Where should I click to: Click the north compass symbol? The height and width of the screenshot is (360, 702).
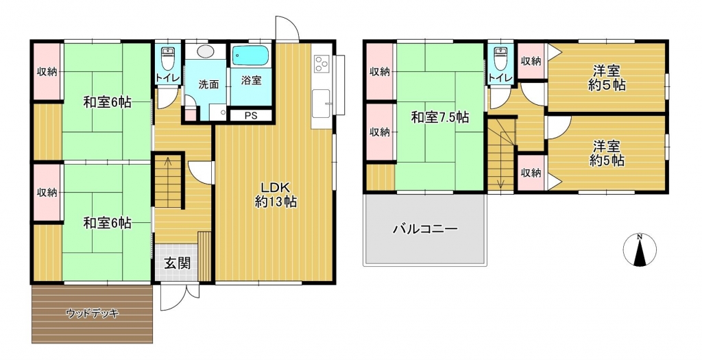tap(640, 250)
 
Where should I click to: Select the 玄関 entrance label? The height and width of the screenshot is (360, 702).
tap(177, 263)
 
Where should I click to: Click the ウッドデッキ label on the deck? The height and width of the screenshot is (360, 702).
tap(93, 313)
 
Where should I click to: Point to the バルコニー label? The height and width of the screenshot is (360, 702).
tap(425, 229)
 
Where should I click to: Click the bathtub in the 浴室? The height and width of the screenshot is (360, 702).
tap(251, 56)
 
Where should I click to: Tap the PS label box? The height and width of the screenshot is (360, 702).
tap(251, 115)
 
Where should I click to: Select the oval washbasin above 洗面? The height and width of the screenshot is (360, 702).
tap(205, 51)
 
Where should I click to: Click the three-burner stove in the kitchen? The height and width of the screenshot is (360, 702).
tap(322, 64)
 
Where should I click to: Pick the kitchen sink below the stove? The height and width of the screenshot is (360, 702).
tap(322, 103)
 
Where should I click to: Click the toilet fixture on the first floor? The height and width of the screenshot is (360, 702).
tap(168, 58)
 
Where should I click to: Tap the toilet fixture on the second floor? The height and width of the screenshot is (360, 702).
tap(500, 58)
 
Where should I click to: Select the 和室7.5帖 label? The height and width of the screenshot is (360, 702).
tap(439, 117)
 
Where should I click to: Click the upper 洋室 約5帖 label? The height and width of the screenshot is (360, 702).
tap(607, 77)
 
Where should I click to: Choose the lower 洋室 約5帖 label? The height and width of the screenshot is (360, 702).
tap(607, 153)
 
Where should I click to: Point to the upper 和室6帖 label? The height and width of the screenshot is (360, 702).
tap(108, 103)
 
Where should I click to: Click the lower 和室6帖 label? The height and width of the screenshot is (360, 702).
tap(108, 223)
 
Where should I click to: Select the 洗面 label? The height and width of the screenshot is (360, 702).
tap(208, 84)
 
